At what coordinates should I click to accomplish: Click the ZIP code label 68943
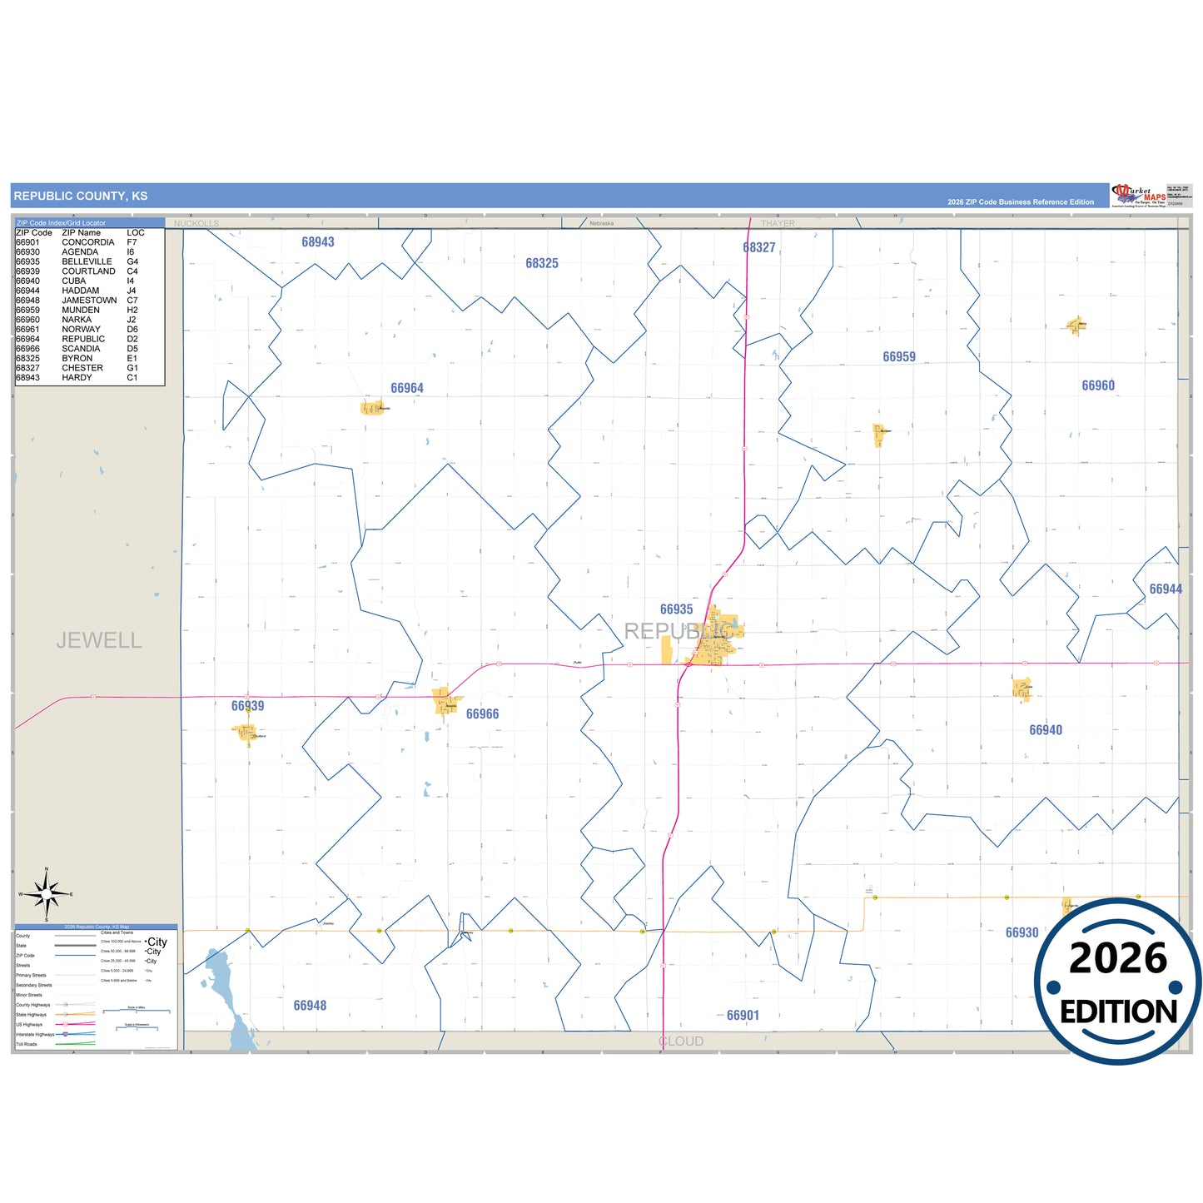click(318, 242)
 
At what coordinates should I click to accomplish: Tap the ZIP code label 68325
click(542, 263)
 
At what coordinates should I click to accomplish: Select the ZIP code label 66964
click(407, 388)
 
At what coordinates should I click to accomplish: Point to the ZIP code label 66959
click(899, 357)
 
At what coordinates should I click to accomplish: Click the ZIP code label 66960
click(1098, 385)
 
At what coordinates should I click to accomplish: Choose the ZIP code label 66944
click(1166, 589)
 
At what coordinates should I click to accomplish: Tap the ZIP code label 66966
click(483, 714)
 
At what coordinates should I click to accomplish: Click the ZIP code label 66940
click(1046, 730)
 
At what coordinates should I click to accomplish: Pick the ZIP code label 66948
click(310, 1006)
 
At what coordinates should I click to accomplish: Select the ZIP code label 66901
click(743, 1016)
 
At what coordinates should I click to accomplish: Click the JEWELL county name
click(99, 640)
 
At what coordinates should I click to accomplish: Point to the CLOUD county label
click(681, 1041)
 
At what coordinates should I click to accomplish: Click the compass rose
click(47, 895)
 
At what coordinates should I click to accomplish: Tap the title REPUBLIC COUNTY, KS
click(81, 196)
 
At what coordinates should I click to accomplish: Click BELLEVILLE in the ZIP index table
click(87, 261)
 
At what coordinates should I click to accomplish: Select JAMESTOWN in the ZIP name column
click(89, 301)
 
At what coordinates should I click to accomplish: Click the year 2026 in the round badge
click(1118, 958)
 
